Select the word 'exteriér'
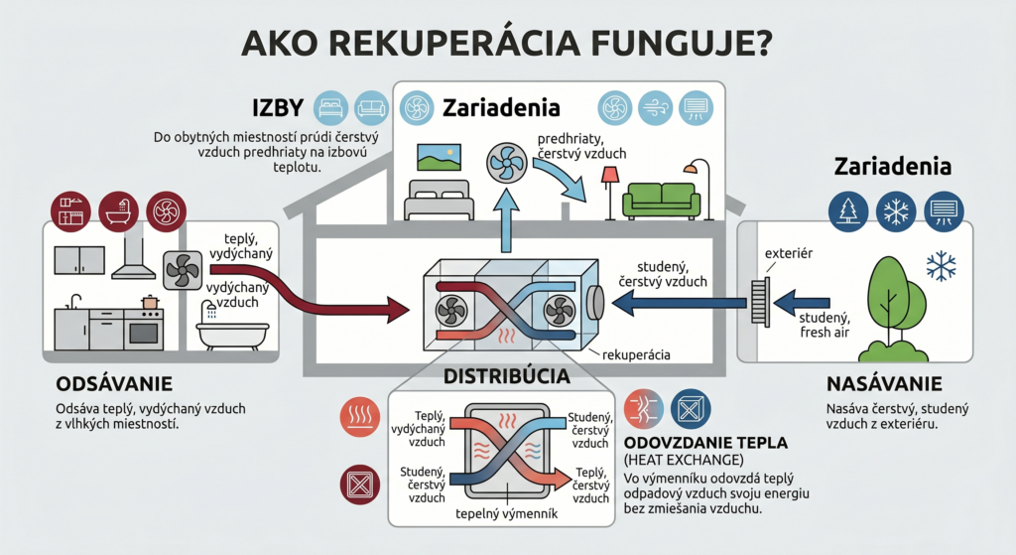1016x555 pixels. pyautogui.click(x=789, y=254)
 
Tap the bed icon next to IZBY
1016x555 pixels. pyautogui.click(x=329, y=106)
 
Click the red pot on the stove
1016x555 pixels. pyautogui.click(x=150, y=301)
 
